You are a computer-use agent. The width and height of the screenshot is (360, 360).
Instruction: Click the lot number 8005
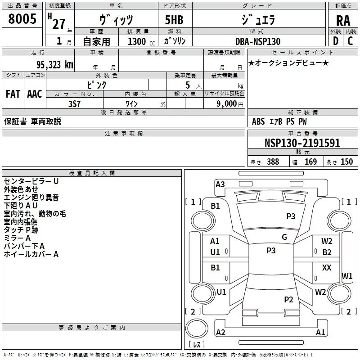point(22,19)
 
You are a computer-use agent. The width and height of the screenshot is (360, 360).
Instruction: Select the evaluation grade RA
point(343,20)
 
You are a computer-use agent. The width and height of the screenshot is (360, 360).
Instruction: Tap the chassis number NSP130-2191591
point(302,144)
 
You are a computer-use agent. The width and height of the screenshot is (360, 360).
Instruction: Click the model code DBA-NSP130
point(258,41)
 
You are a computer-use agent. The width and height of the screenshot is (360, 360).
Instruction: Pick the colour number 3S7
point(74,103)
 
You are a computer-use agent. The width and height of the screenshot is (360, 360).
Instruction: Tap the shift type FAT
point(13,94)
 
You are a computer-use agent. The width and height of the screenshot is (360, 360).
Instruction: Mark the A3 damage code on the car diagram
point(220,184)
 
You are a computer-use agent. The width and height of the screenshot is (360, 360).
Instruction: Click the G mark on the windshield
point(284,237)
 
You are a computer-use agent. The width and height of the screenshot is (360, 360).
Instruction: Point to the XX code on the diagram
point(327,268)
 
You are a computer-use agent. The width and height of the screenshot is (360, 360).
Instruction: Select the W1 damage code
point(347,276)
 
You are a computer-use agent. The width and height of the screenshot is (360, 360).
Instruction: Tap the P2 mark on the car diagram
point(288,299)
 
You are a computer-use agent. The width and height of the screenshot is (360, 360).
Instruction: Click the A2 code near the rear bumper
point(220,332)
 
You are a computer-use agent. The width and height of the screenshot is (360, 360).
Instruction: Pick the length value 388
point(273,162)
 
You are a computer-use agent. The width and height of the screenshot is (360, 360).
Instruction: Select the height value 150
point(347,162)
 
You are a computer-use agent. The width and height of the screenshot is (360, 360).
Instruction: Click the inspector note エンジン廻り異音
point(31,198)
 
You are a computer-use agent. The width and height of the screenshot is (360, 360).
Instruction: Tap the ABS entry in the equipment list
point(258,121)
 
